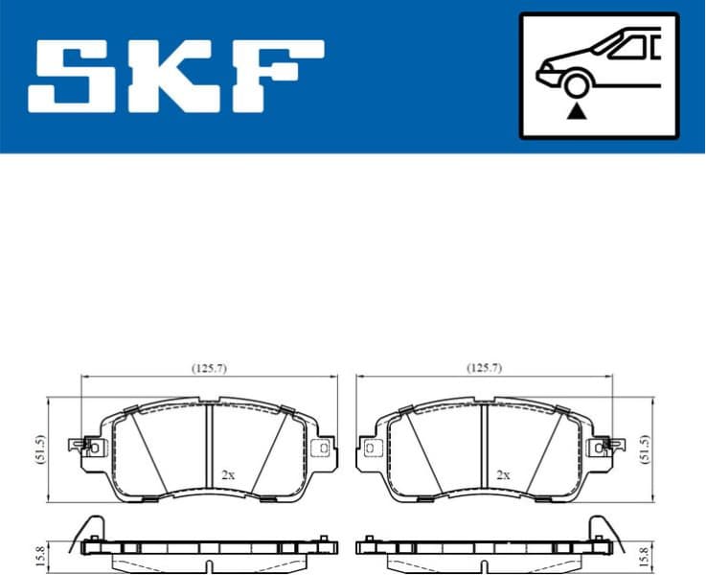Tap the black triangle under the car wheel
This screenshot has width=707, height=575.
coord(575,112)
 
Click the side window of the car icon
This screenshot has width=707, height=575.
coord(627,46)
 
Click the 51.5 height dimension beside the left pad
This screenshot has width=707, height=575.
coord(39,449)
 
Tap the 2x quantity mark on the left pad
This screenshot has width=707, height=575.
coord(227,474)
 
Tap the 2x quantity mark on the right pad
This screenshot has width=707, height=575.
coord(502,474)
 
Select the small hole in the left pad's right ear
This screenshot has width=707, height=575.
coord(324,447)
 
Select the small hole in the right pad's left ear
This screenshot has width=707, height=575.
coord(369,447)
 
